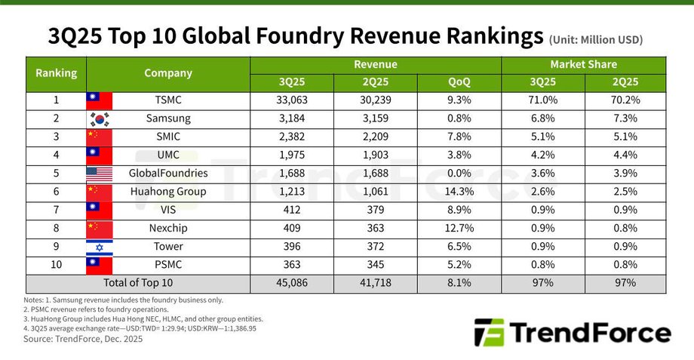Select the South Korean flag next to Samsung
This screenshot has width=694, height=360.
coord(99,118)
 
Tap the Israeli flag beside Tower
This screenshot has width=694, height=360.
coord(99,247)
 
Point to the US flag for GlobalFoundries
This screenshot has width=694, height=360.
coord(99,174)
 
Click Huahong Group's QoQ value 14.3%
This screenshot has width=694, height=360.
coord(459,192)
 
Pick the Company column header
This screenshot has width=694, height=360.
coord(168,73)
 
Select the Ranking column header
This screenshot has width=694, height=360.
coord(57,73)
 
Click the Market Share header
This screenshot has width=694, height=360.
coord(583,65)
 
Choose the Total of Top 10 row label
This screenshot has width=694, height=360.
coord(138,283)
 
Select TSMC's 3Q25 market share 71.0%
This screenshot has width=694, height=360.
coord(542,100)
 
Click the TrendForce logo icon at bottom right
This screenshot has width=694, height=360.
coord(488,333)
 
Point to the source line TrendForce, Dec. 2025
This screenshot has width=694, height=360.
coord(83,339)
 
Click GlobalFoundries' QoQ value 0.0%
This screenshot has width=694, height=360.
coord(459,174)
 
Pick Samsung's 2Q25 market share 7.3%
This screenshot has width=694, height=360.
coord(625,118)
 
